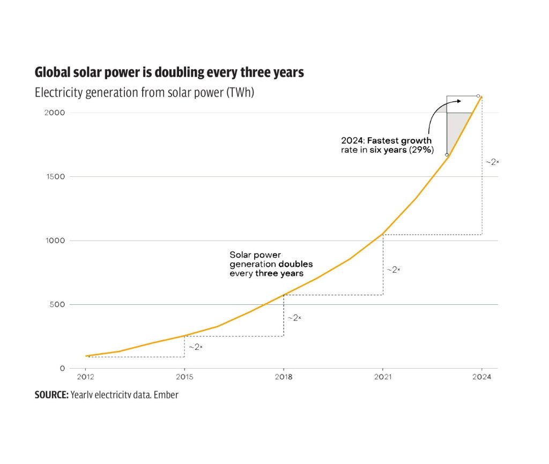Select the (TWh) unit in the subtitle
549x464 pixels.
pyautogui.click(x=238, y=93)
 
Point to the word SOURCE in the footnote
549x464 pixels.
pyautogui.click(x=51, y=395)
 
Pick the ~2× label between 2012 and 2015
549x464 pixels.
pyautogui.click(x=195, y=347)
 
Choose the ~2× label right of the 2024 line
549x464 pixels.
pyautogui.click(x=492, y=161)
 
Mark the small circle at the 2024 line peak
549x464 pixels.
pyautogui.click(x=478, y=96)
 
